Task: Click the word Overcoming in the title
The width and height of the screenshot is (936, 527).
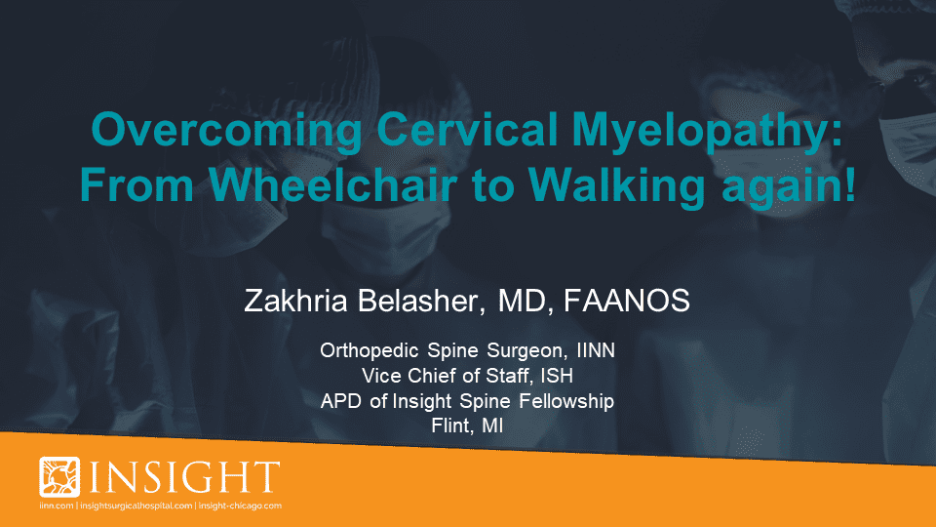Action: [x=226, y=131]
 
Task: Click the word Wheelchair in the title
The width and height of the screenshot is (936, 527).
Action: [x=333, y=184]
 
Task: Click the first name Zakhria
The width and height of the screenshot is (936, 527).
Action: [x=295, y=300]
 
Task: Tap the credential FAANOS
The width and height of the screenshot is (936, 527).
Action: [x=626, y=300]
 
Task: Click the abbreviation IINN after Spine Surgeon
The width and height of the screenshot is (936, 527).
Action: [x=596, y=350]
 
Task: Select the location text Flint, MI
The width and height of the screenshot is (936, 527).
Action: [x=467, y=426]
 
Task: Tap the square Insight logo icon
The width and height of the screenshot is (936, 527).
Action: [x=59, y=477]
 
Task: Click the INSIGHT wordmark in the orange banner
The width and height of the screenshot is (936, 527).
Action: [x=184, y=477]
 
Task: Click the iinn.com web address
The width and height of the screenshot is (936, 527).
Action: [x=57, y=506]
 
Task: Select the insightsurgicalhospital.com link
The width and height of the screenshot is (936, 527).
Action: [x=136, y=506]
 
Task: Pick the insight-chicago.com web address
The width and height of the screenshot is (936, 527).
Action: [x=240, y=506]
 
